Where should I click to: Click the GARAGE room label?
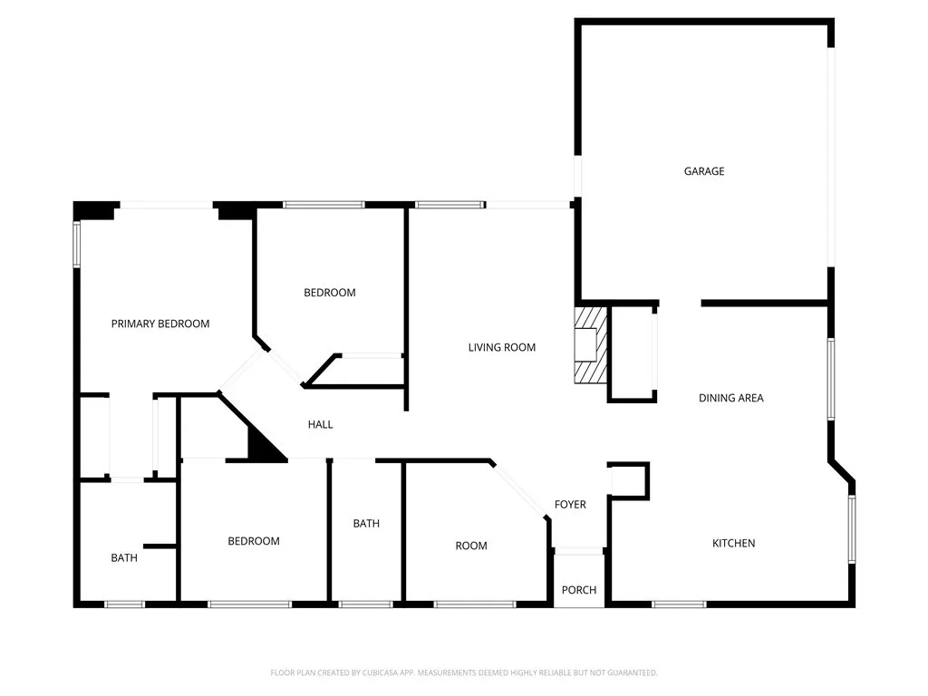pyautogui.click(x=704, y=171)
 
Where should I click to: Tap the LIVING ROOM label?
pyautogui.click(x=501, y=347)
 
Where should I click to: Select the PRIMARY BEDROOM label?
pyautogui.click(x=160, y=324)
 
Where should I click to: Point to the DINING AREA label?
pyautogui.click(x=730, y=398)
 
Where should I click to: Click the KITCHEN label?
pyautogui.click(x=733, y=543)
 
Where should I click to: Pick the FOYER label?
pyautogui.click(x=570, y=505)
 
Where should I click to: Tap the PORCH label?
pyautogui.click(x=579, y=590)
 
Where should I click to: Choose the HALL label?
pyautogui.click(x=320, y=424)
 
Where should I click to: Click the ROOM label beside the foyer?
pyautogui.click(x=471, y=546)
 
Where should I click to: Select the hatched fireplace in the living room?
pyautogui.click(x=590, y=345)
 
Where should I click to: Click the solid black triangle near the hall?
pyautogui.click(x=262, y=444)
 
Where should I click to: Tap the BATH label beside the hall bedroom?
pyautogui.click(x=366, y=524)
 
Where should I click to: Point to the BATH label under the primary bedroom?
pyautogui.click(x=124, y=557)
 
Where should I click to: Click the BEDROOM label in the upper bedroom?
pyautogui.click(x=329, y=293)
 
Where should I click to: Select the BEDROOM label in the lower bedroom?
pyautogui.click(x=253, y=541)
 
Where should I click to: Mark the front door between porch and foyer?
pyautogui.click(x=579, y=549)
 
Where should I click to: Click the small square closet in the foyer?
pyautogui.click(x=630, y=480)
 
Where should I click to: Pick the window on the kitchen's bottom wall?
pyautogui.click(x=679, y=604)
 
